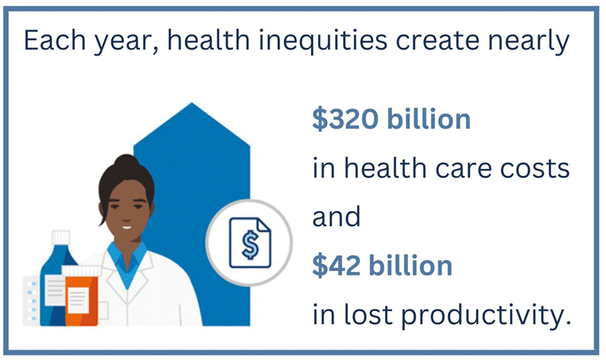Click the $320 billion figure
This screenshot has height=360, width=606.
click(391, 119)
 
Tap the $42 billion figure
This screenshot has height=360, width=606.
click(382, 266)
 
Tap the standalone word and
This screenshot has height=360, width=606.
click(336, 216)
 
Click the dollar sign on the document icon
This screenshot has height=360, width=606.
click(250, 244)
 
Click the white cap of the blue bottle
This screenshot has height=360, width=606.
click(61, 237)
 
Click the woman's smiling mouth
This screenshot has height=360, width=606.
click(127, 227)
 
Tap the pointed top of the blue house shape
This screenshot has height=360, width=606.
click(192, 104)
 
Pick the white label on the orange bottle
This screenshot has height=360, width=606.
click(79, 300)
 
